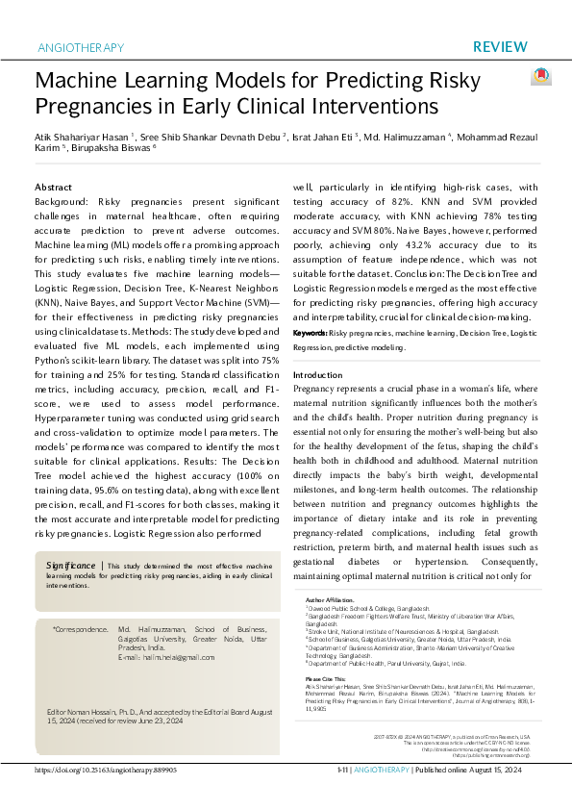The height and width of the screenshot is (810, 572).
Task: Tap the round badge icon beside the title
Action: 541,77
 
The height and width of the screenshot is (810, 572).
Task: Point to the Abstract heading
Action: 53,187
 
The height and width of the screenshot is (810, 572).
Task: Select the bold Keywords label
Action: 310,332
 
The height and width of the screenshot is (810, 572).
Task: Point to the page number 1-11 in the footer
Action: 342,797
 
